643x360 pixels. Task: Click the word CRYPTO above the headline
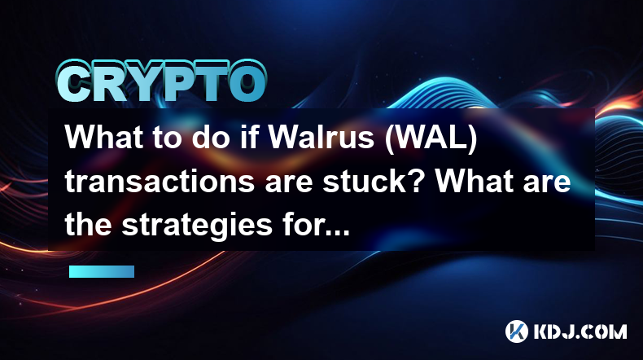[162, 82]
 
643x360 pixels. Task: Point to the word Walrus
[321, 137]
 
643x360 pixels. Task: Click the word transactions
[160, 181]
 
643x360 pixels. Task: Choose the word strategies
[197, 226]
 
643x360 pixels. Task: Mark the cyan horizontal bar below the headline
[102, 272]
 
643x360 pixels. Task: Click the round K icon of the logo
[517, 331]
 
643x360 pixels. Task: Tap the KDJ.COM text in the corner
[580, 331]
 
